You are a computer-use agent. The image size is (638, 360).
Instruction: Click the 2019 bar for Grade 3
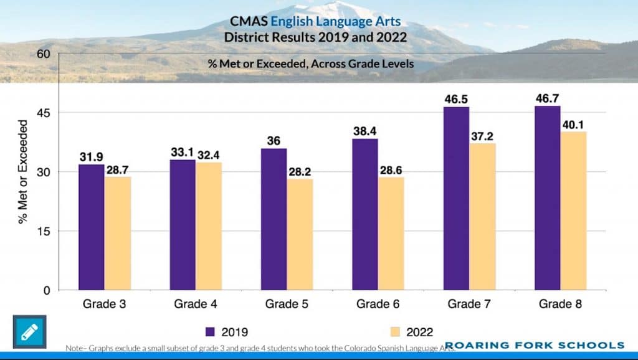click(91, 227)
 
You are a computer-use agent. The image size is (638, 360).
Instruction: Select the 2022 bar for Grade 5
click(300, 235)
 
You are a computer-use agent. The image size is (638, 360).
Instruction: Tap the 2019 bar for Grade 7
click(456, 199)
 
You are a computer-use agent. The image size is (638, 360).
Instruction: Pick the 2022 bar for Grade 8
click(573, 211)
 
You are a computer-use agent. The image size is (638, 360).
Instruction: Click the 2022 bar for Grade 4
click(209, 226)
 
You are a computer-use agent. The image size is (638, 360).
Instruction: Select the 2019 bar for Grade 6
click(365, 214)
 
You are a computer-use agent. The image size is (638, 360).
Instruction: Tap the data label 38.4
click(365, 131)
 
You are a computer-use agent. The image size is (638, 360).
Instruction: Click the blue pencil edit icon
click(29, 332)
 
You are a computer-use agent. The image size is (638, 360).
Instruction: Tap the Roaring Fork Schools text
click(534, 345)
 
